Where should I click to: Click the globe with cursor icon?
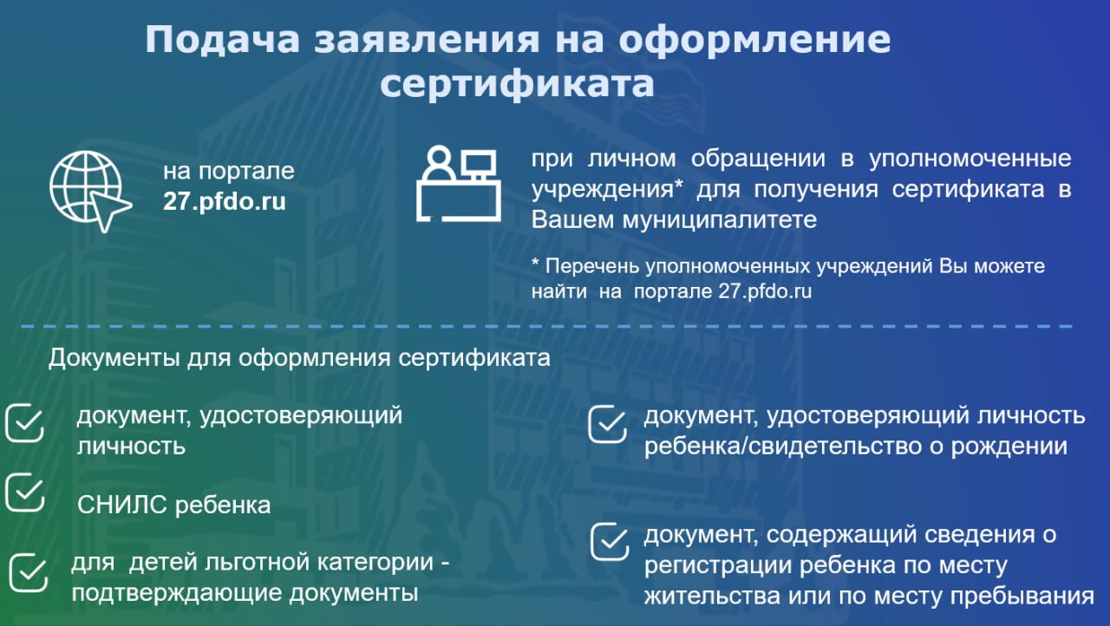tap(90, 191)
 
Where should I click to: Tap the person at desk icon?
tap(459, 183)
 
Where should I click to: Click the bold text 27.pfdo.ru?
tap(225, 201)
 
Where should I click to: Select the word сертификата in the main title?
tap(517, 84)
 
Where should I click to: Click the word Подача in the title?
tap(222, 40)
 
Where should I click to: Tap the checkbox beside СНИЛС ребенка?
tap(25, 492)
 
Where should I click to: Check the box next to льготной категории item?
tap(29, 573)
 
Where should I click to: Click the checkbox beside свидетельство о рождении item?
tap(608, 425)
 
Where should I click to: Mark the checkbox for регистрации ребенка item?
tap(610, 542)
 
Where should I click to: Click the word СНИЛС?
tap(122, 505)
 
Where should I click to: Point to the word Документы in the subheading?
tap(114, 358)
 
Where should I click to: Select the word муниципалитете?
tap(720, 220)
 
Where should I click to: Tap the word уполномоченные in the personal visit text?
tap(970, 159)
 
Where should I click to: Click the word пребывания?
tap(1022, 596)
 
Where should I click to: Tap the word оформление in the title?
tap(754, 41)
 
